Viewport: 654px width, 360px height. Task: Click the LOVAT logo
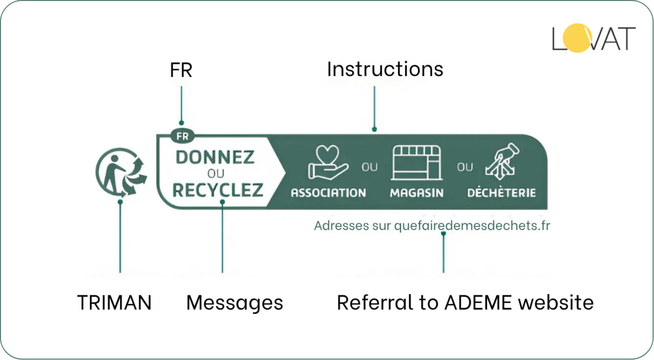(x=594, y=39)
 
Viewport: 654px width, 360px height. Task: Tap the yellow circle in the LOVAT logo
(x=576, y=39)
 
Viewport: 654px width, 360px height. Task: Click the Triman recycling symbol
(x=121, y=173)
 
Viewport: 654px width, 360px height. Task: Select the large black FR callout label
(x=181, y=70)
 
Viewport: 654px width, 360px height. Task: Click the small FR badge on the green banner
(x=181, y=136)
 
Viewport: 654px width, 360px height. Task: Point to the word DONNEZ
(x=215, y=157)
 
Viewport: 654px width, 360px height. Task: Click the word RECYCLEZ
(x=218, y=190)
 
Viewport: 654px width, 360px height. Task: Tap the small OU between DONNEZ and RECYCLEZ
(x=216, y=174)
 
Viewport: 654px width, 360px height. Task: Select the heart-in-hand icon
(x=328, y=163)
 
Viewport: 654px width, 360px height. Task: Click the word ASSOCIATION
(x=328, y=193)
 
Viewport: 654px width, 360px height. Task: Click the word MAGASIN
(x=416, y=193)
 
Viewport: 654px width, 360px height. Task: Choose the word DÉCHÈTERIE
(x=501, y=193)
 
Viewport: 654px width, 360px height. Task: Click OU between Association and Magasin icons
(x=369, y=167)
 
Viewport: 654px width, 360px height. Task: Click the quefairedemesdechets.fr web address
(x=472, y=226)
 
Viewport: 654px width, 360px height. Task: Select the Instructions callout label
(x=385, y=69)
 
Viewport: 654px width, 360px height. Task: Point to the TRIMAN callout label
(x=114, y=303)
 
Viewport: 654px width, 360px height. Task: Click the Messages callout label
(x=235, y=303)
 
